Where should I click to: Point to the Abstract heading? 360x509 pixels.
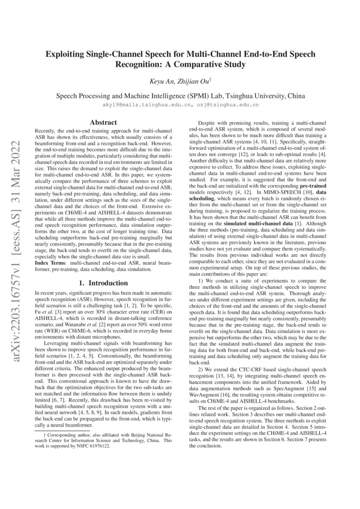pos(103,123)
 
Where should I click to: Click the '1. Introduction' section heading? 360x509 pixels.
pos(103,283)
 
